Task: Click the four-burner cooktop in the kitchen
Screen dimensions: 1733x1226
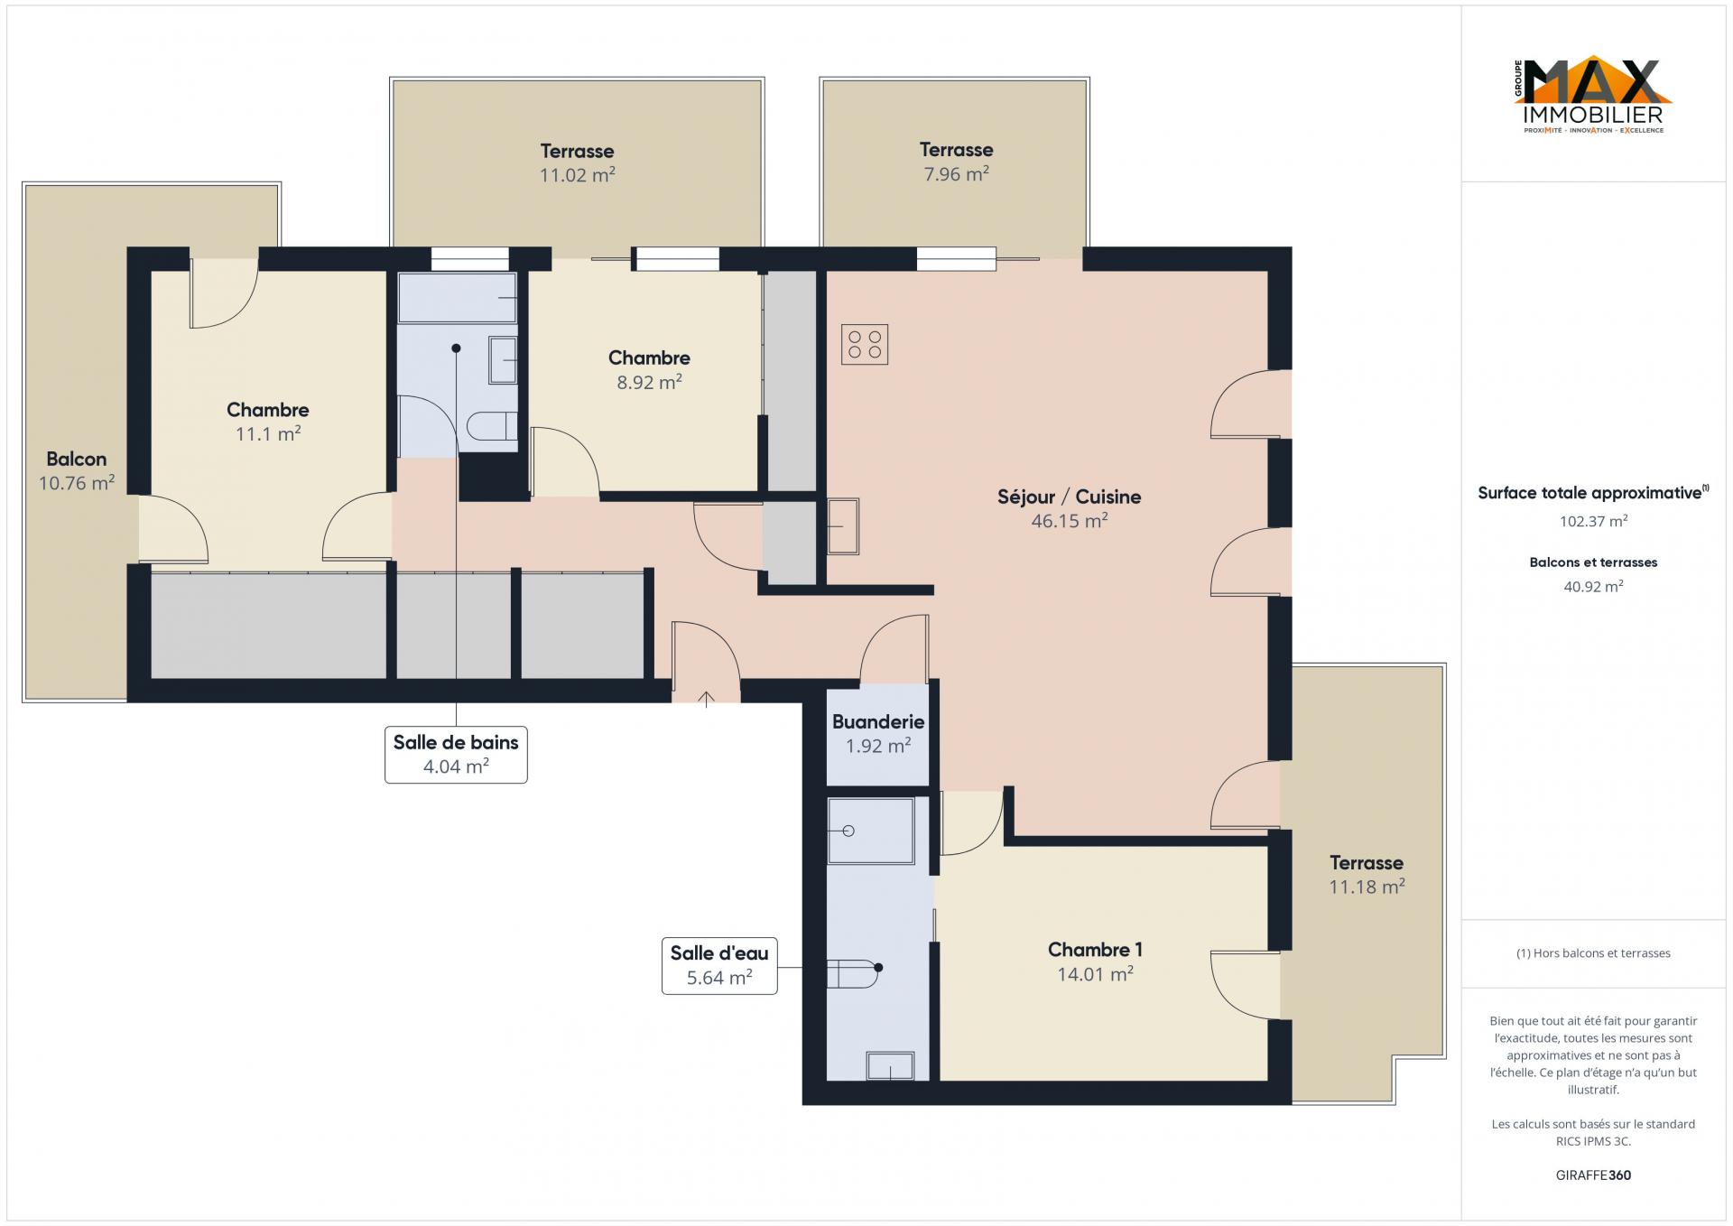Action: (x=864, y=344)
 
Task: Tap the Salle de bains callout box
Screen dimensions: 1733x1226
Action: (x=456, y=755)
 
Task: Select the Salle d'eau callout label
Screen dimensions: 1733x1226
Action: (x=719, y=965)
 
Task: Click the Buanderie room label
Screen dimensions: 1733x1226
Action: (x=878, y=721)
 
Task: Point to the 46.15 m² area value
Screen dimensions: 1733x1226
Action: (x=1070, y=521)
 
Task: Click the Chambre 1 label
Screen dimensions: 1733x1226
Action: (x=1095, y=950)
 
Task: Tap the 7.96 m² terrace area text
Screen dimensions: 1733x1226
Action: (x=956, y=173)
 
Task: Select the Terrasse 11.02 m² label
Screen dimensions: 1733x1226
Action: (x=578, y=163)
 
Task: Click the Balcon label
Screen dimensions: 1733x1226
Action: (x=77, y=460)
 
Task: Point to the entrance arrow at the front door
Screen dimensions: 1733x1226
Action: (x=706, y=698)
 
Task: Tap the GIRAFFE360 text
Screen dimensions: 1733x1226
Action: (x=1593, y=1175)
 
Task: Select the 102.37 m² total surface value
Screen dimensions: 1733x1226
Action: (x=1594, y=521)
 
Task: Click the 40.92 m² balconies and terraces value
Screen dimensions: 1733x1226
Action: (x=1594, y=587)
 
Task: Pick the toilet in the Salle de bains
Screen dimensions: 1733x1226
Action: (x=492, y=426)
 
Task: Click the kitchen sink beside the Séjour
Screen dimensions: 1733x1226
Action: (x=843, y=526)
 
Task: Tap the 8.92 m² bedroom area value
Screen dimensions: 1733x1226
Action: (x=649, y=382)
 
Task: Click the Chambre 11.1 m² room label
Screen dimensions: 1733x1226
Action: (x=268, y=422)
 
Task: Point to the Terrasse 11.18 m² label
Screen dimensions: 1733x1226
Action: (x=1367, y=875)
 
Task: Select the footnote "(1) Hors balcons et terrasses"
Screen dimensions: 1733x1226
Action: (x=1593, y=953)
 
